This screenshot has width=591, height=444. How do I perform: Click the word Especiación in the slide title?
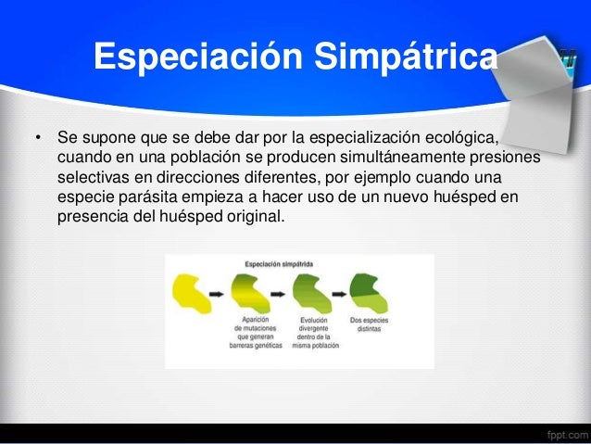point(186,57)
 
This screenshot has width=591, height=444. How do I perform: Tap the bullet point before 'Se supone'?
point(38,140)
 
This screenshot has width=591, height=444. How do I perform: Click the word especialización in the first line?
point(332,139)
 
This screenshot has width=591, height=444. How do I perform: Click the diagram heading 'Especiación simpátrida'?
point(278,264)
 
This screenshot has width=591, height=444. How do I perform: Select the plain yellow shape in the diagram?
point(191,291)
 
